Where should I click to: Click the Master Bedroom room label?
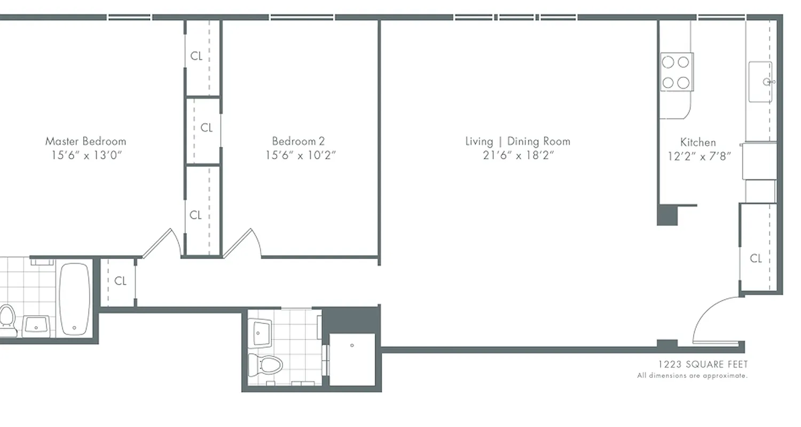[85, 141]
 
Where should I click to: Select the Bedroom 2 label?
[298, 141]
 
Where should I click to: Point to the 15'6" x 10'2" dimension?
[301, 155]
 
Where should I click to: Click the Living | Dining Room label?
[517, 141]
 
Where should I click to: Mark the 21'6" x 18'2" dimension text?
[517, 155]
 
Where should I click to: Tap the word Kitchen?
[698, 143]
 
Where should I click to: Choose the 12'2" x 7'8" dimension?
[699, 156]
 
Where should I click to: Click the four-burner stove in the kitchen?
[676, 72]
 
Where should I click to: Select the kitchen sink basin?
[760, 82]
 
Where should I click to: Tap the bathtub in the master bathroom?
[74, 299]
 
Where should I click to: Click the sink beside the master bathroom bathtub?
[36, 325]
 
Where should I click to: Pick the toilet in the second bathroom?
[267, 366]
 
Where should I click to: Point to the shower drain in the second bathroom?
[352, 345]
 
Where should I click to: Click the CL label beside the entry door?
[756, 259]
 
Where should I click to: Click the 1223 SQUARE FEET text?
[703, 365]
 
